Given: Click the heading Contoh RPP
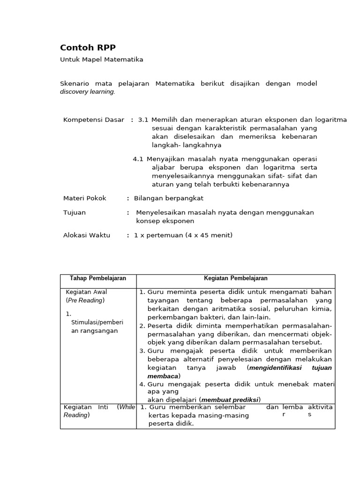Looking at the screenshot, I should tap(88, 47).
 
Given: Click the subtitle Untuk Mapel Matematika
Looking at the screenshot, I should tap(102, 60).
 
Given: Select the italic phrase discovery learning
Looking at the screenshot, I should tap(87, 92).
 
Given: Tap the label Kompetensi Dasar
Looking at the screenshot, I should tap(94, 120).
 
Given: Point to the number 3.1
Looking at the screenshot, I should tap(143, 120).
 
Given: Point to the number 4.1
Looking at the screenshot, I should tap(138, 159).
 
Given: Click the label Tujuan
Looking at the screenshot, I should tap(75, 212).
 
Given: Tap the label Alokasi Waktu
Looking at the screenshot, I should tap(87, 235).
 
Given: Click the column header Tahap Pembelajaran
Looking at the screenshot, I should tap(98, 278).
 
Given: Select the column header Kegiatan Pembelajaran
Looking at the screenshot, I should tap(236, 278).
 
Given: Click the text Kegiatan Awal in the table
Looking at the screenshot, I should tap(87, 292).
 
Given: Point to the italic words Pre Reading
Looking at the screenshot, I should tap(85, 300).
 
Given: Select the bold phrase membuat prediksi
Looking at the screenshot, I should tap(230, 400).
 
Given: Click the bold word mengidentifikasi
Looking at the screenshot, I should tap(276, 368).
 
